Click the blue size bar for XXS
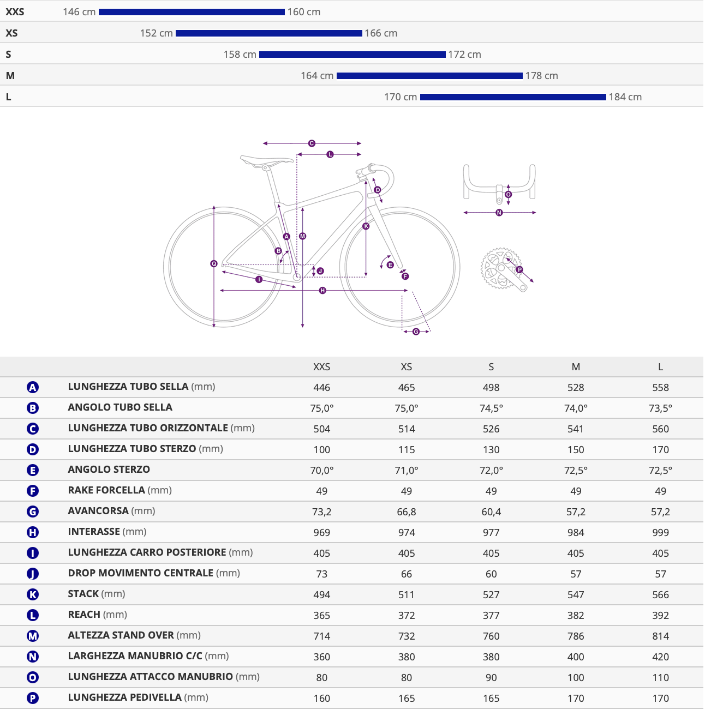coord(192,12)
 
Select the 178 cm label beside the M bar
coord(541,76)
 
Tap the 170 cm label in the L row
coord(401,97)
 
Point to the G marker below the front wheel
coord(416,332)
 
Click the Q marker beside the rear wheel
coord(214,263)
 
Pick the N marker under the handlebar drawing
coord(499,213)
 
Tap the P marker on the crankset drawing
coord(519,270)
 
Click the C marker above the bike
coord(312,143)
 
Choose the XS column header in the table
coord(407,367)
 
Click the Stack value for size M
coord(576,595)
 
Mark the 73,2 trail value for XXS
coord(321,512)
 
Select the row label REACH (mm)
coord(97,615)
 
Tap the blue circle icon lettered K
coord(33,594)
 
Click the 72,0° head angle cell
coord(491,471)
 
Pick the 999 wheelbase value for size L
coord(660,532)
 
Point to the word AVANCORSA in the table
coord(98,511)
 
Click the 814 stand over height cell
coord(660,636)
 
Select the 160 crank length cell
coord(321,698)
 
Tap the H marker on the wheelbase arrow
coord(322,291)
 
